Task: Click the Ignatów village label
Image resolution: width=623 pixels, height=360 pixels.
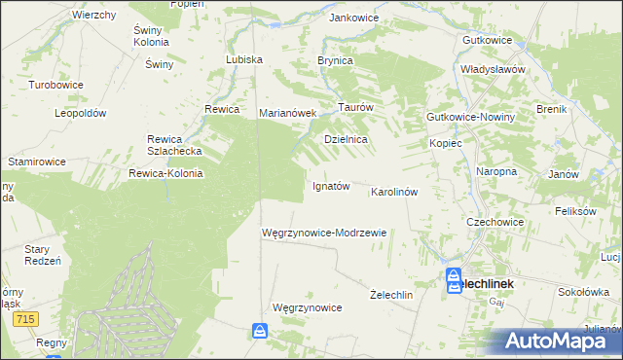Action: coord(330,186)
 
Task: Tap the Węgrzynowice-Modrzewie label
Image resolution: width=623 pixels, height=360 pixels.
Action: coord(325,233)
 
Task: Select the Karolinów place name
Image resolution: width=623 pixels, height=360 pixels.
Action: coord(394,192)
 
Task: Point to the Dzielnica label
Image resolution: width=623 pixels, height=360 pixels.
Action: coord(346,140)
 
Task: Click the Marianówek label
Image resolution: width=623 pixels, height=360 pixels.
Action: coord(288,113)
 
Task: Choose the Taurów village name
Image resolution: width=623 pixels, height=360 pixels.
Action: coord(355,107)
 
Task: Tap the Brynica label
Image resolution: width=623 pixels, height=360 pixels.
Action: coord(334,60)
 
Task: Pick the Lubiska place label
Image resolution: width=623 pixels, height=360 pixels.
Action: coord(244,59)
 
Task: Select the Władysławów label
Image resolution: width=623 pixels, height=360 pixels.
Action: coord(494,70)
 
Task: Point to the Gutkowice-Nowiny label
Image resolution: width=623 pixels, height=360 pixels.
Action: coord(470,117)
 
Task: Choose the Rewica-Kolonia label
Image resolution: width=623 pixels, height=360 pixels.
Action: coord(165,174)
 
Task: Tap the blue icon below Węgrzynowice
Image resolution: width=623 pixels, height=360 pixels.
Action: coord(260,332)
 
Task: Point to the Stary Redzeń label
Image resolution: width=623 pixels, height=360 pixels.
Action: coord(43,255)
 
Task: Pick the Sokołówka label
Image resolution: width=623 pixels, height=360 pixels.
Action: coord(583,291)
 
